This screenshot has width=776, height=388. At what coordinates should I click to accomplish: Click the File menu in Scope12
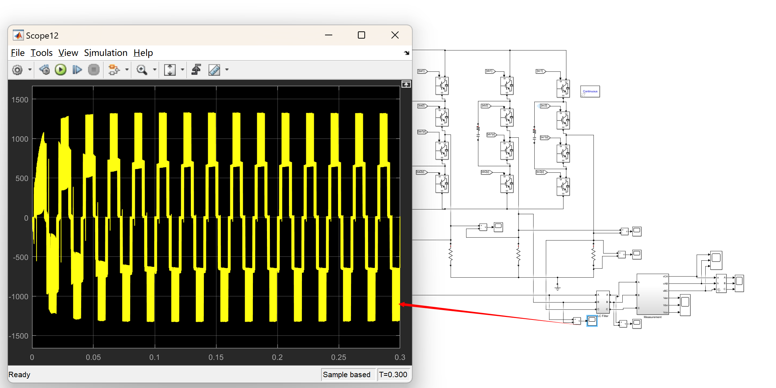[x=18, y=53]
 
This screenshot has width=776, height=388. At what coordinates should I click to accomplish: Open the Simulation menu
[x=105, y=53]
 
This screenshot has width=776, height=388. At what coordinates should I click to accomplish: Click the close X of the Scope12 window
[x=395, y=35]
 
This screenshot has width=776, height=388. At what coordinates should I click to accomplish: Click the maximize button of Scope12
[x=361, y=35]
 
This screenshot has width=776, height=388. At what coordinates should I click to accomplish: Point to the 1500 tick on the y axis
[x=20, y=100]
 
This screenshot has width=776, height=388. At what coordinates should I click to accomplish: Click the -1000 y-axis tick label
[x=18, y=297]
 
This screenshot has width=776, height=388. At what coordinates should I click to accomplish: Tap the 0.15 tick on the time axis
[x=216, y=357]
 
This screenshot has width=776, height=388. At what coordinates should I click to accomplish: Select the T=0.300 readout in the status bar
[x=393, y=375]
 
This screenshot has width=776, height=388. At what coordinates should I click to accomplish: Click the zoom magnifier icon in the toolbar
[x=142, y=70]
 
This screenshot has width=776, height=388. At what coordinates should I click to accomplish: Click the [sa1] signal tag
[x=422, y=71]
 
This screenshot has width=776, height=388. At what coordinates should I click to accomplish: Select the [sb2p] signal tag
[x=486, y=172]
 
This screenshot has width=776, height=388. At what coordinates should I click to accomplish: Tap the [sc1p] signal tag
[x=544, y=137]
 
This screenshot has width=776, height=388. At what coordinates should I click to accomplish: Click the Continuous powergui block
[x=590, y=92]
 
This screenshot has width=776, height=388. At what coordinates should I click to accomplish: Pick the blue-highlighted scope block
[x=592, y=321]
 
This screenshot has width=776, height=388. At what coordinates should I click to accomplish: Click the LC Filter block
[x=602, y=302]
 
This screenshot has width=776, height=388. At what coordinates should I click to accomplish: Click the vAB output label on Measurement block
[x=665, y=284]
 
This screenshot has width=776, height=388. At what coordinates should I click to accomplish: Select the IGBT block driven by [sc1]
[x=563, y=88]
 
